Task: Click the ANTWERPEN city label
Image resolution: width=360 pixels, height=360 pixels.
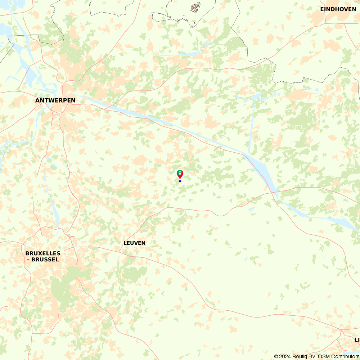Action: (55, 100)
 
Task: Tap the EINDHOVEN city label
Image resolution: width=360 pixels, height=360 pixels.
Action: (338, 9)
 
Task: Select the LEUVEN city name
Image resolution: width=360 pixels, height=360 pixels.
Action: (134, 243)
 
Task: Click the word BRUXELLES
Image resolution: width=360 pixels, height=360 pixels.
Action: (43, 253)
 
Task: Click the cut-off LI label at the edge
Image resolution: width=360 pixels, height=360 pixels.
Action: (357, 339)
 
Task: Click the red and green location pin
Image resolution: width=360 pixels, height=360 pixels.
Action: (180, 175)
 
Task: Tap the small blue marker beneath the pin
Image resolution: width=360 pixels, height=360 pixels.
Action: (180, 181)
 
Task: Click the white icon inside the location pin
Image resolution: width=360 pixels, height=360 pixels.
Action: (180, 173)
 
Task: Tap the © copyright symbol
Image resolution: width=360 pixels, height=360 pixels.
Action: (276, 356)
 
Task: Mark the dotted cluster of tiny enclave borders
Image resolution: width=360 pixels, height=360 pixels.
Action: (195, 7)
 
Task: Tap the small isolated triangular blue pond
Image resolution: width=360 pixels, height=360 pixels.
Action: (252, 209)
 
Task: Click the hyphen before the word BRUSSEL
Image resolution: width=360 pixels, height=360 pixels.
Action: (29, 259)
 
